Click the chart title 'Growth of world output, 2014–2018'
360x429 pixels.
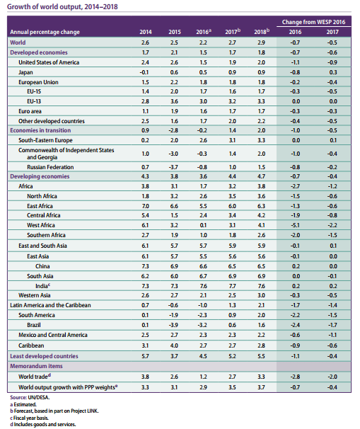[62, 6]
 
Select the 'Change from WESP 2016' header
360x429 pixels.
[313, 22]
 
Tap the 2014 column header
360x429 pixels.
[146, 32]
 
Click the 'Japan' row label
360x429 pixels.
[25, 72]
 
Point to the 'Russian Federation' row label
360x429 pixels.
[50, 167]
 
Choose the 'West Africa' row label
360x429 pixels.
[41, 225]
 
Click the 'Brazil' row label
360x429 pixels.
[34, 325]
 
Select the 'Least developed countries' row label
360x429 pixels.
[44, 356]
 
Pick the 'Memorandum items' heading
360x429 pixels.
[36, 366]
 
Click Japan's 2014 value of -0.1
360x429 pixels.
[144, 72]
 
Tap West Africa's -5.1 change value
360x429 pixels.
[295, 225]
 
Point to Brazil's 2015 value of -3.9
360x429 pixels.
[173, 325]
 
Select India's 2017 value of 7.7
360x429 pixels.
[232, 286]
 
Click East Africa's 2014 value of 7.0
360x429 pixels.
[146, 206]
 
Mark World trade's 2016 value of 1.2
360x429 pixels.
[203, 377]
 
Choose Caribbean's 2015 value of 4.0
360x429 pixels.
[174, 345]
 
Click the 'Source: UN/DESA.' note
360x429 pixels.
[30, 398]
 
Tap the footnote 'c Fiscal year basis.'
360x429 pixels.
[30, 418]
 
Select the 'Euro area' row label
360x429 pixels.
[30, 111]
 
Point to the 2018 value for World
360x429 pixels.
[261, 42]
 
